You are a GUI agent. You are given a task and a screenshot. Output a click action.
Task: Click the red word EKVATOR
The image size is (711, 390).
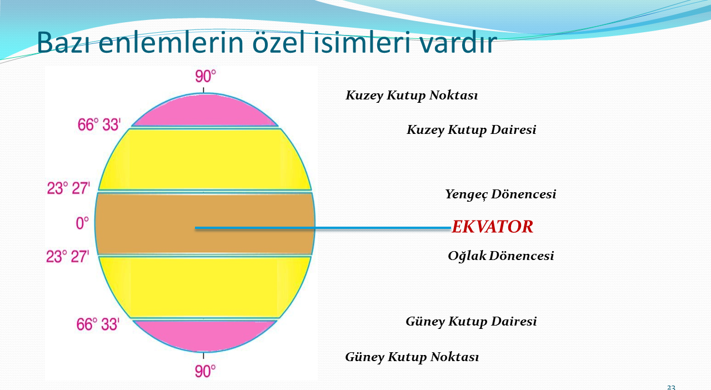pos(492,227)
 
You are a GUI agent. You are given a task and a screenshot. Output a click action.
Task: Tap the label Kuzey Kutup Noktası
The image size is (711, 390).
pos(412,95)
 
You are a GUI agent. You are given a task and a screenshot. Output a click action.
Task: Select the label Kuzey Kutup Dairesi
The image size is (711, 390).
pos(472,129)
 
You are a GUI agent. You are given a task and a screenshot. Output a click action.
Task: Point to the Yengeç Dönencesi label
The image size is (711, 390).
pos(500,194)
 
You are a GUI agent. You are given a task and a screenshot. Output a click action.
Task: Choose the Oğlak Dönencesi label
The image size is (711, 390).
pos(501,256)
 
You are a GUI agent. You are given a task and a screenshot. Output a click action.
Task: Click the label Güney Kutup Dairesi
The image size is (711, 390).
pos(471,322)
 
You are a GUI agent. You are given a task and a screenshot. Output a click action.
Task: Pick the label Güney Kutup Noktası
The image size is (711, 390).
pos(412,357)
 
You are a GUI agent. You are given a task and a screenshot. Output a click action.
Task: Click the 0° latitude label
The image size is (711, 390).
pos(82,223)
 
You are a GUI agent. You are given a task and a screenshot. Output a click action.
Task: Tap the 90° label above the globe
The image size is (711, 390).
pos(206,77)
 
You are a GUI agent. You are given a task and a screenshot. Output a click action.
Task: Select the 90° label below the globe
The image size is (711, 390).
pos(206,371)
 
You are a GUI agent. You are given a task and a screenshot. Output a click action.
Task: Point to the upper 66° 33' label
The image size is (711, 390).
pos(99,124)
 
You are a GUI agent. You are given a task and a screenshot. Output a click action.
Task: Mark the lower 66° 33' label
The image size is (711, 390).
pos(98,324)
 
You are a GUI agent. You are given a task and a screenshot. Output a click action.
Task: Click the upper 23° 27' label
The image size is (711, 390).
pos(68,188)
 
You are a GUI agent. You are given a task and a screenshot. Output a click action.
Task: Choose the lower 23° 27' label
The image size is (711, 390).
pos(68,257)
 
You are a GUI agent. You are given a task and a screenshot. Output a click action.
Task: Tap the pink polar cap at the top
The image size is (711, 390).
pos(205,111)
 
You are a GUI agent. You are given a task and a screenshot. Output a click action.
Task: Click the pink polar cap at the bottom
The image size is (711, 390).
pos(205,335)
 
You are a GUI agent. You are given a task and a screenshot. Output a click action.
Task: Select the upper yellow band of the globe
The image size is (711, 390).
pos(205,159)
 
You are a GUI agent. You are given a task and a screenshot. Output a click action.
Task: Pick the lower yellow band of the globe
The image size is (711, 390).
pos(205,287)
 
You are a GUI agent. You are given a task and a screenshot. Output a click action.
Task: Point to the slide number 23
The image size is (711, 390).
pos(671,387)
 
